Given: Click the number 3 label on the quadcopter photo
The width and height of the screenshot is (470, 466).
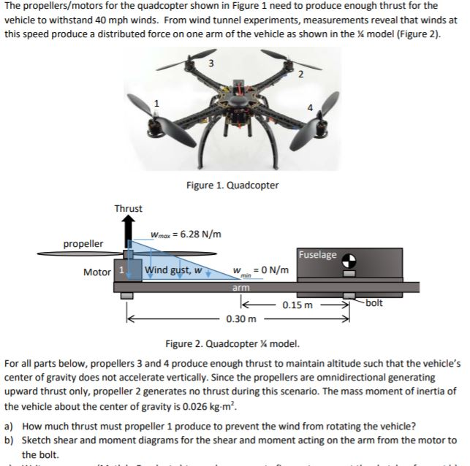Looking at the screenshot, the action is pos(211,63).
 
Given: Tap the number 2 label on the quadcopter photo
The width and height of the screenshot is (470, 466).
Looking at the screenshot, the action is pos(300,75).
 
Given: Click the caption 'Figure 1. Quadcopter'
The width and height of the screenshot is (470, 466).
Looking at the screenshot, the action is pos(232,185).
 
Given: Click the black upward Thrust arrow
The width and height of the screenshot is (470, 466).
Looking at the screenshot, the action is pos(129,230).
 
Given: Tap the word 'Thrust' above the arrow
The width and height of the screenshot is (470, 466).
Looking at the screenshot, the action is pos(128,209).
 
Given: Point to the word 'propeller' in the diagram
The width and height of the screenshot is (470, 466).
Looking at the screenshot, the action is pos(83,242).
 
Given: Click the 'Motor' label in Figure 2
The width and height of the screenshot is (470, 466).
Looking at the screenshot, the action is pos(97,272).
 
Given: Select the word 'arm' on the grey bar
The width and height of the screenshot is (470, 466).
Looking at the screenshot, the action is pos(241,289).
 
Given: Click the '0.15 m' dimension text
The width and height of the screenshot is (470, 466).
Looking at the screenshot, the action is pos(298,305).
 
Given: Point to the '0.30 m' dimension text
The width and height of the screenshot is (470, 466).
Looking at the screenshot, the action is pos(240,319).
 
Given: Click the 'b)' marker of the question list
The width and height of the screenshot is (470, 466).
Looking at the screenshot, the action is pos(10,440).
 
